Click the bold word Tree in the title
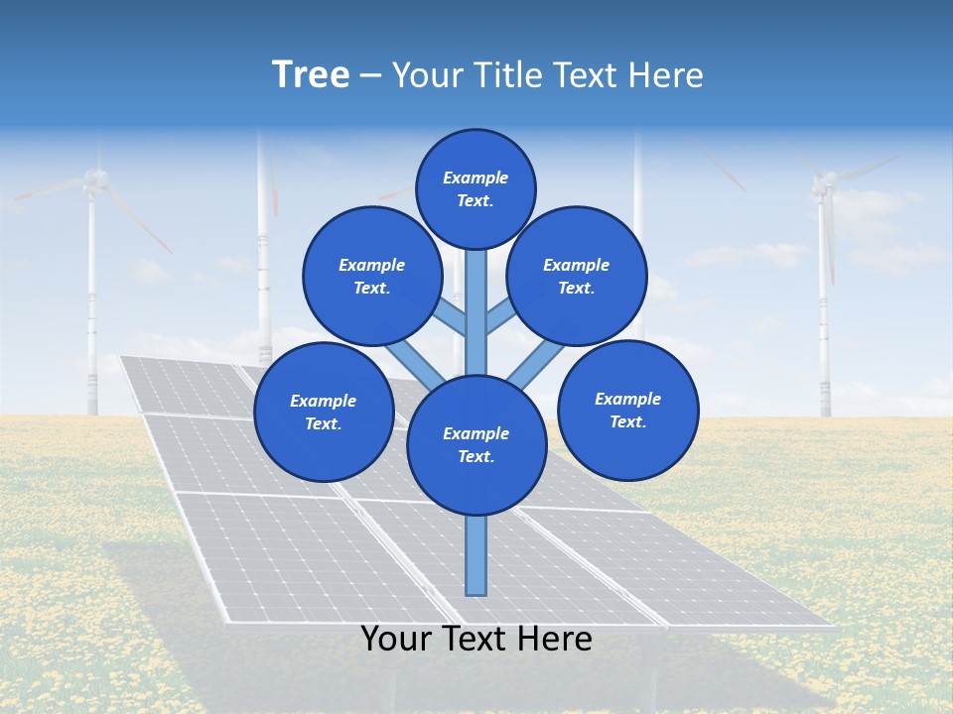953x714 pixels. coord(311,75)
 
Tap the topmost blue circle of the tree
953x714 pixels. coord(476,188)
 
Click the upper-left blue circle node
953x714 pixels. coord(372,276)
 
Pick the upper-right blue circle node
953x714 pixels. coord(577,276)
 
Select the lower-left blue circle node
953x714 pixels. coord(324,412)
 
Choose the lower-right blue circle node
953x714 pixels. coord(628,410)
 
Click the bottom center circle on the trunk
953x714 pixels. coord(476,444)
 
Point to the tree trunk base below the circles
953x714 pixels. coord(476,555)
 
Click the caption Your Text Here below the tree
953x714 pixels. coord(476,639)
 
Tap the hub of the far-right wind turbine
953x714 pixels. coord(824,181)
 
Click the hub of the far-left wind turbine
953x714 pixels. coord(94,179)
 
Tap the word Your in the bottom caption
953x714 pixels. coord(394,639)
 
